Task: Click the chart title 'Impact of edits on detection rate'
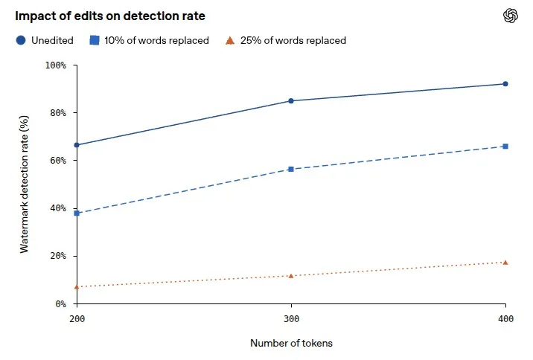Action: click(110, 16)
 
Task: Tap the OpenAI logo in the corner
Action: click(510, 16)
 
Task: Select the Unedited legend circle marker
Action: click(21, 40)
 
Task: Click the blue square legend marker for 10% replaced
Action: click(95, 40)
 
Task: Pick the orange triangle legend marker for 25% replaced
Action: click(230, 41)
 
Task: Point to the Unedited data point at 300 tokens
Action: click(291, 101)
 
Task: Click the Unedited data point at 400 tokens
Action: click(505, 84)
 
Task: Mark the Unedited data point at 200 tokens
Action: click(77, 145)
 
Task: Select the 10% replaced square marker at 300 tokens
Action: click(291, 169)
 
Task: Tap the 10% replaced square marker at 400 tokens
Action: click(505, 147)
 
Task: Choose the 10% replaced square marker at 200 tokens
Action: click(77, 213)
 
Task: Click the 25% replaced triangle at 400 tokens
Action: click(505, 263)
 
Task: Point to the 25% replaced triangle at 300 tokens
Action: click(291, 276)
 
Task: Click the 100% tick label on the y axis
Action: click(56, 65)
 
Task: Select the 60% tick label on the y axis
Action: click(58, 161)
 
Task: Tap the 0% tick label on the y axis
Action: click(61, 303)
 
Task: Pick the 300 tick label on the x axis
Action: click(291, 319)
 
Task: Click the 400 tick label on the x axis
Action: click(505, 319)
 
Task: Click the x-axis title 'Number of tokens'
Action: click(291, 343)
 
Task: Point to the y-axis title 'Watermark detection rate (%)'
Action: click(24, 184)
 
